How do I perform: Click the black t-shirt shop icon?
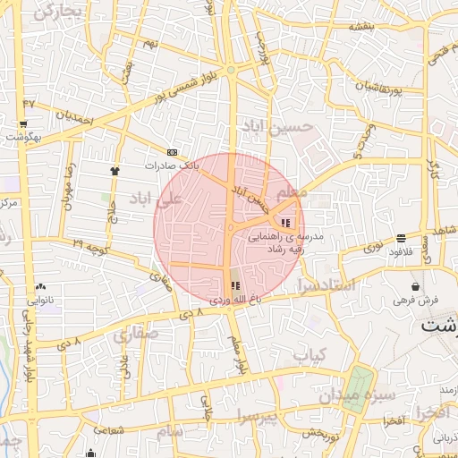click(114, 170)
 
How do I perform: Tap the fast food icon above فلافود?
click(399, 238)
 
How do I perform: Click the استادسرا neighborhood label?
click(327, 286)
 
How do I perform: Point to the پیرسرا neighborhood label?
click(258, 416)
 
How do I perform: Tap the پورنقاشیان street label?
click(394, 89)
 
